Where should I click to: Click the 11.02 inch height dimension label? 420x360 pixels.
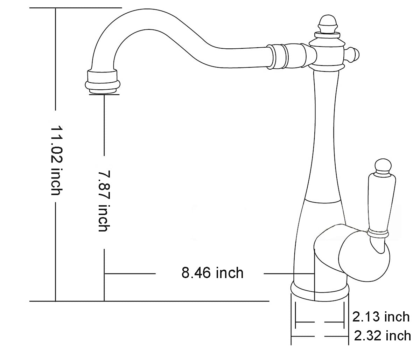click(x=57, y=160)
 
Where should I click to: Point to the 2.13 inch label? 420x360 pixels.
click(x=381, y=317)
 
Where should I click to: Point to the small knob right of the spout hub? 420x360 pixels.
click(x=352, y=55)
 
